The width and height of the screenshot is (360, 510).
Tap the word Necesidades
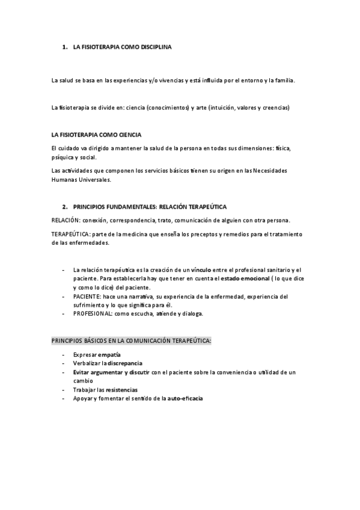coord(267,171)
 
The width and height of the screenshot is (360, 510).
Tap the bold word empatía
coord(109,355)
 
